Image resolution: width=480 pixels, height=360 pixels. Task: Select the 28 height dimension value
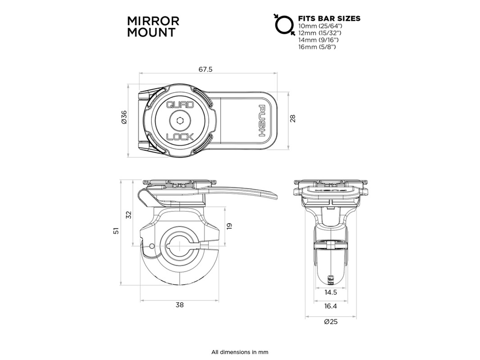293,118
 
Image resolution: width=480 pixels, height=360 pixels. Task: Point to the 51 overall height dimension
116,230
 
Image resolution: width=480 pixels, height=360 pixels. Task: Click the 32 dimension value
129,214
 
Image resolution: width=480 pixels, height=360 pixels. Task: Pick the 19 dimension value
229,226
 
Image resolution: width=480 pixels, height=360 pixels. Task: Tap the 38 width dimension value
180,305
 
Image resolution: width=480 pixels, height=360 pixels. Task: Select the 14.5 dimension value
331,292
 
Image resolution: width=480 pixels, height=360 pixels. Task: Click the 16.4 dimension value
331,306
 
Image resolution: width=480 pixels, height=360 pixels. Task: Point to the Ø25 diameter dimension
331,322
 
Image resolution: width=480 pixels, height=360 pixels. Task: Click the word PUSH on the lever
261,120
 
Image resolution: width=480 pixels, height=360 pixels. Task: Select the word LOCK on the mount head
180,136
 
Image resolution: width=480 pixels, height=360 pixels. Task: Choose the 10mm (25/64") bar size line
322,26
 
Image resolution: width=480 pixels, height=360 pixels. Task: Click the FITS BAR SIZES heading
329,19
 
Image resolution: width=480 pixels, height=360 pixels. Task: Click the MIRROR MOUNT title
153,27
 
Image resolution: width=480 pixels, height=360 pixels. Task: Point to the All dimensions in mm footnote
240,352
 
